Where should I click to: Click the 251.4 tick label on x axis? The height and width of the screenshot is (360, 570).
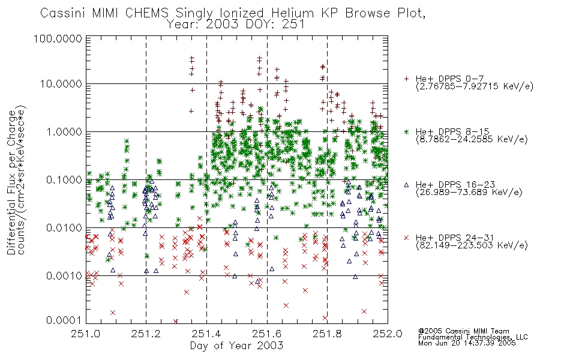click(206, 334)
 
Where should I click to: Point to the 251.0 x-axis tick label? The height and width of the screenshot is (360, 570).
click(86, 334)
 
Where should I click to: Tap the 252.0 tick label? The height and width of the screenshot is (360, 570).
click(388, 334)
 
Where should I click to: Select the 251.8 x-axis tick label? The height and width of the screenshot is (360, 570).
click(327, 334)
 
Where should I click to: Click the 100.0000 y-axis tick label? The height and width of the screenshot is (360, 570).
click(58, 38)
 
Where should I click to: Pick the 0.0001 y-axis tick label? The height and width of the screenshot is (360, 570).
click(64, 320)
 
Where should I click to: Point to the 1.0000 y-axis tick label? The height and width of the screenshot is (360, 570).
click(64, 131)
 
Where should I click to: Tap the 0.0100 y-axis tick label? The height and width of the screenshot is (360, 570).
click(64, 228)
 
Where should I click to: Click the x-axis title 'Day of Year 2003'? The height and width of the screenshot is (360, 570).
click(236, 346)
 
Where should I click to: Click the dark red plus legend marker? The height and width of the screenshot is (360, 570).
click(406, 79)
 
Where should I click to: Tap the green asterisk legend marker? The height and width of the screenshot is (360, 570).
click(406, 131)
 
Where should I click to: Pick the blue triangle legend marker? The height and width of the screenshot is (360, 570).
click(406, 185)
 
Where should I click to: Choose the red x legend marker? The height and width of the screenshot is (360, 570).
click(406, 238)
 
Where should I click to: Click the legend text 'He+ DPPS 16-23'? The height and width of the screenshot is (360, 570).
click(455, 184)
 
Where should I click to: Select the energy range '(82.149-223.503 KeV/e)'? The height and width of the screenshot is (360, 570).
click(472, 245)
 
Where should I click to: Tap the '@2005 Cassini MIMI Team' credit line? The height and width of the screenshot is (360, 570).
click(463, 331)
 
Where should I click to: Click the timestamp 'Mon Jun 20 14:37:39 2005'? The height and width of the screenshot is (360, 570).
click(467, 343)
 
